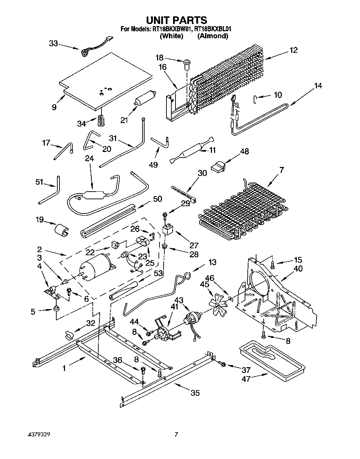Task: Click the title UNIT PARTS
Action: click(x=177, y=20)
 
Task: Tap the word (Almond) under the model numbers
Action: click(x=213, y=36)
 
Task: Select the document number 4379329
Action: click(x=39, y=435)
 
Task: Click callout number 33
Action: click(x=54, y=43)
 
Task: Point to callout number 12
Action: click(x=294, y=50)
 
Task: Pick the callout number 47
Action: click(x=246, y=379)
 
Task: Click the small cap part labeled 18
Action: click(x=186, y=64)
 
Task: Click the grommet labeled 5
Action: click(x=56, y=309)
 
